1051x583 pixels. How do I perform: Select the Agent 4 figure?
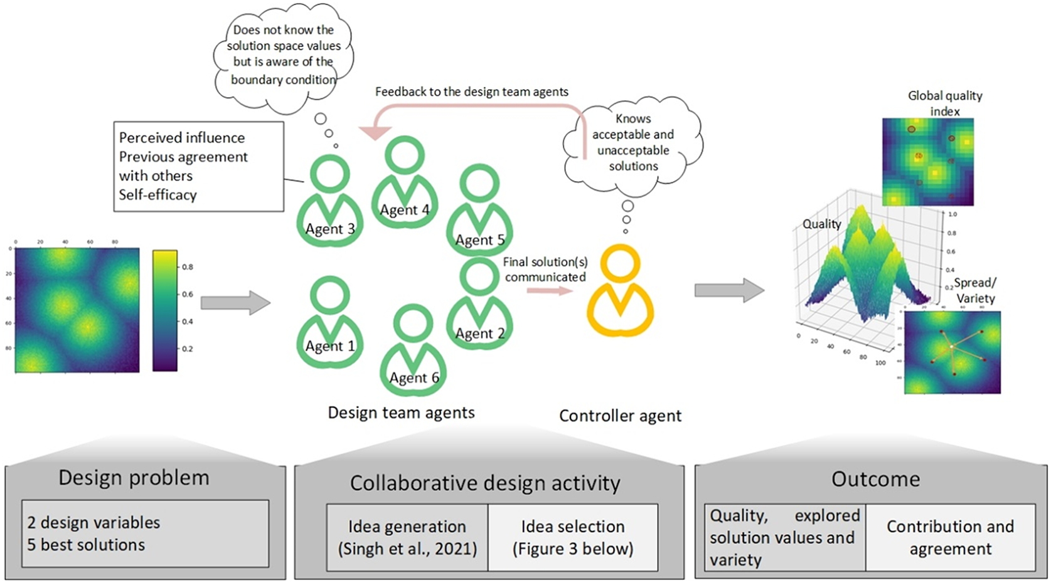[x=405, y=182]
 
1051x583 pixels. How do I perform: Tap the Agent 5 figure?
[x=480, y=210]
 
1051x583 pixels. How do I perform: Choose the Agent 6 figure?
[x=413, y=351]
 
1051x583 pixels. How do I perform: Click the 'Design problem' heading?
[x=134, y=478]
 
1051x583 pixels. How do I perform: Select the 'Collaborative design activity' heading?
[x=485, y=483]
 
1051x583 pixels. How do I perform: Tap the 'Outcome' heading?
[x=875, y=479]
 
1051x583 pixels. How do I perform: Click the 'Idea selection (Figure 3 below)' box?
[x=573, y=537]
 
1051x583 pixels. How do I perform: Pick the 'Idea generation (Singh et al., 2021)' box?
[x=407, y=537]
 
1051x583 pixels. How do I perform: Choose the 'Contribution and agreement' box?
[x=950, y=537]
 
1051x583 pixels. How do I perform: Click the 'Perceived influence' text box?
[x=198, y=166]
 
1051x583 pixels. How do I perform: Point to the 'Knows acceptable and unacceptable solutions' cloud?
[x=633, y=142]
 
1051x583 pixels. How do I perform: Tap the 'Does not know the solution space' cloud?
[x=284, y=55]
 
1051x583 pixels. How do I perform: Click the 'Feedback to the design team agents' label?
[x=472, y=92]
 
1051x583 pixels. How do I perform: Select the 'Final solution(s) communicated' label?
[x=545, y=270]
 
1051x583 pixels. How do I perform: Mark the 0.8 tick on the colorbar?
[x=187, y=267]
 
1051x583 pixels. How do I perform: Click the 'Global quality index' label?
[x=945, y=103]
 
